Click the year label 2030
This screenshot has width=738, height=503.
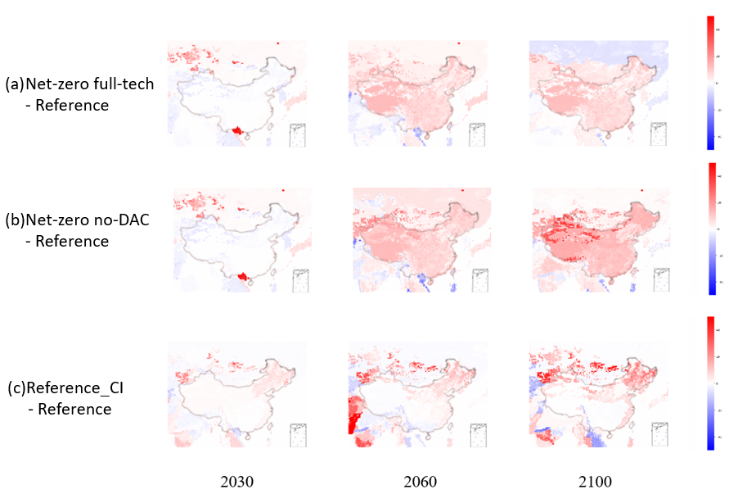236,481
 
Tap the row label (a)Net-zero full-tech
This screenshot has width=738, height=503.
79,84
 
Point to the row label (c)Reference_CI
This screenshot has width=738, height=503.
65,387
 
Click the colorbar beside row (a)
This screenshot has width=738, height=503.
709,82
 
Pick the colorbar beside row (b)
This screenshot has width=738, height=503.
712,229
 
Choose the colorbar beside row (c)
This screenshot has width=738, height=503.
710,382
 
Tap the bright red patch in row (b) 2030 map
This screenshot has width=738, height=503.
242,279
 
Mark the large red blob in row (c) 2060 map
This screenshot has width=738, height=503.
354,415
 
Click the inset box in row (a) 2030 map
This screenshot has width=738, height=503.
297,134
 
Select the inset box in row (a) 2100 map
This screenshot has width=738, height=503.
659,134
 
